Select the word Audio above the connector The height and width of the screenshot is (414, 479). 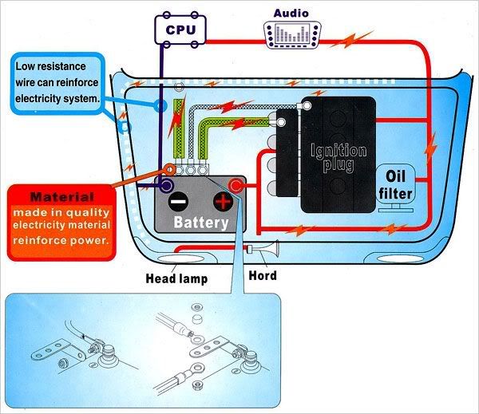[x=291, y=13]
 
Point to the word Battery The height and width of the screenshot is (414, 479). [x=200, y=223]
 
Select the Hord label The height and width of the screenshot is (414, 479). [x=263, y=276]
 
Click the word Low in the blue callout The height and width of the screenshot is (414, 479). [x=27, y=66]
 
